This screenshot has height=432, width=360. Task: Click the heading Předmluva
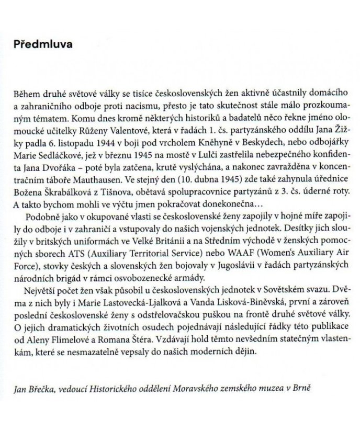click(43, 44)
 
